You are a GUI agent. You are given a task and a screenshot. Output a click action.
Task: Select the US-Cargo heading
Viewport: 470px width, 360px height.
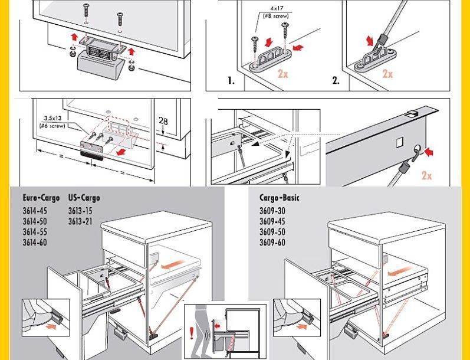(x=84, y=198)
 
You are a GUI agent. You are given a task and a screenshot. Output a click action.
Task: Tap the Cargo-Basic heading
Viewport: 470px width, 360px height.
(x=279, y=198)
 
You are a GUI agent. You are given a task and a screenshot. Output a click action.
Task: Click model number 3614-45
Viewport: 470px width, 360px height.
(x=35, y=211)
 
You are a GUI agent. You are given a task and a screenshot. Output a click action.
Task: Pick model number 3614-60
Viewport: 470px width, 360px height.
(x=35, y=243)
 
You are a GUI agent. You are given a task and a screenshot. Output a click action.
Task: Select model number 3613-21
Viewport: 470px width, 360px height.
(x=80, y=221)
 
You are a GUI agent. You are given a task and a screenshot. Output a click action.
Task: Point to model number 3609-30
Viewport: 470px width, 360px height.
(x=272, y=211)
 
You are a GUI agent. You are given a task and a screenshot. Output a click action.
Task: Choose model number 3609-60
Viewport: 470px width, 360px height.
(x=272, y=243)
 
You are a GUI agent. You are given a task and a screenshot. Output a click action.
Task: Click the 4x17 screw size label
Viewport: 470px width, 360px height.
(x=277, y=9)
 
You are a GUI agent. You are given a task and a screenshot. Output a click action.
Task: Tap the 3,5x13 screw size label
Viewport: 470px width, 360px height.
(x=52, y=118)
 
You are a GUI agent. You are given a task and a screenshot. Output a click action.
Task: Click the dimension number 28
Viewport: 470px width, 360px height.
(x=163, y=122)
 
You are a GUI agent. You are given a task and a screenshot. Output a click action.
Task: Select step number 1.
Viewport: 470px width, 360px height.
(x=231, y=81)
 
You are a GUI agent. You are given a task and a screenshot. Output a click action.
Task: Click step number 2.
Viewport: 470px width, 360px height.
(x=336, y=81)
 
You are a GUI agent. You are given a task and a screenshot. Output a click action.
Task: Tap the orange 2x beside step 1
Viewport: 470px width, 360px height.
(x=283, y=74)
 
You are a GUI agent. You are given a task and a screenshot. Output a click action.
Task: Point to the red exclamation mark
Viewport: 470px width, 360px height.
(x=192, y=333)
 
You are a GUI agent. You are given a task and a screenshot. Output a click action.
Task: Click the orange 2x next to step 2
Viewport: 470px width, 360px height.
(x=387, y=74)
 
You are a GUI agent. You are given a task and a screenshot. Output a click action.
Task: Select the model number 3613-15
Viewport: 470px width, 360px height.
(x=80, y=211)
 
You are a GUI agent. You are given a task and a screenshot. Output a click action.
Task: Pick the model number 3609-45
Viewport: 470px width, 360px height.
(x=272, y=221)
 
